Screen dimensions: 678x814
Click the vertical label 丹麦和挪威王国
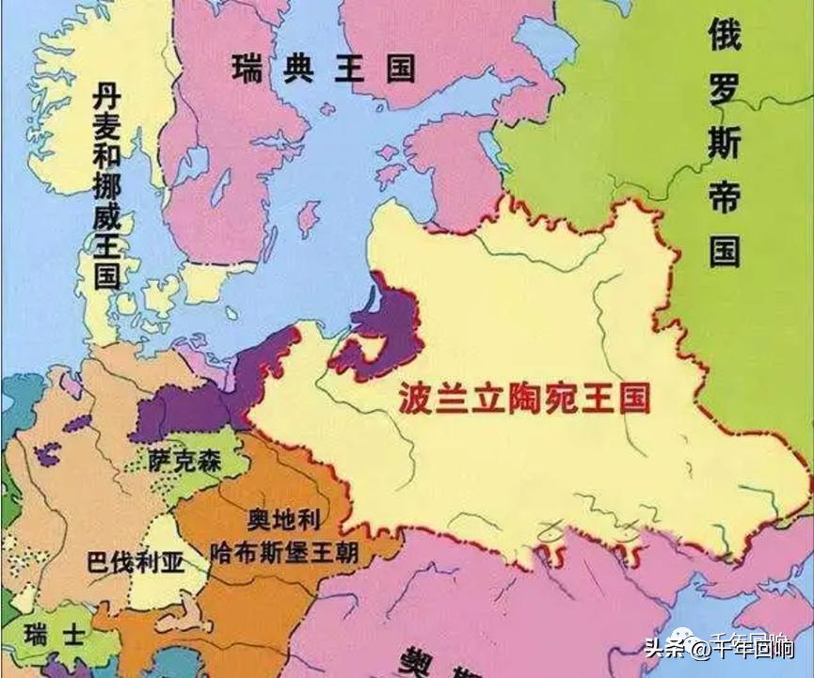105,183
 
